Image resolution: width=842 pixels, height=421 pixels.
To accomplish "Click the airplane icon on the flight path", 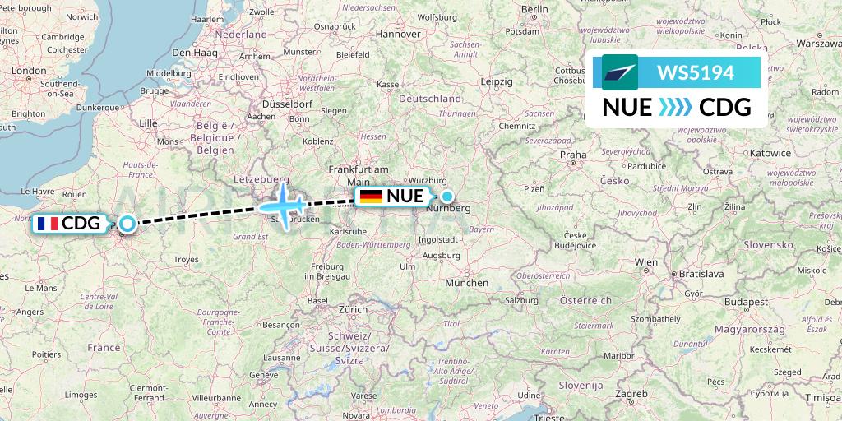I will coord(285,206).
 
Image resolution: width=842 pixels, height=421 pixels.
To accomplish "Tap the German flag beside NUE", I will coord(371,196).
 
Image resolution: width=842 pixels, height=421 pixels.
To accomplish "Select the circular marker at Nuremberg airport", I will coord(446,196).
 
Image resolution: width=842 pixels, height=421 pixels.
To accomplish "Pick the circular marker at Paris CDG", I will coord(127,223).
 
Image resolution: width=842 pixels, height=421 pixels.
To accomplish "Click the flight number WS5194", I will coord(695,72).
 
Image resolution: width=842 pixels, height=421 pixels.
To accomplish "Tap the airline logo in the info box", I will coord(619,72).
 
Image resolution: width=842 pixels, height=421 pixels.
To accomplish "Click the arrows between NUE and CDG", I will coord(675,108).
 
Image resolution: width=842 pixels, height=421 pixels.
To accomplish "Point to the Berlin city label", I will coord(534,9).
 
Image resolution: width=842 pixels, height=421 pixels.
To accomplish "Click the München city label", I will coord(466,283).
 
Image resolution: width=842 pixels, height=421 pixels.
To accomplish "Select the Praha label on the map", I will coord(573,154).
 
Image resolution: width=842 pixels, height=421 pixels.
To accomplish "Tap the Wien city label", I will coord(646,261).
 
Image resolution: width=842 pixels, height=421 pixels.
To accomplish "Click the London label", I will coord(29,71).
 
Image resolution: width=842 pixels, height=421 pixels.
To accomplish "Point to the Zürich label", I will coord(354,310).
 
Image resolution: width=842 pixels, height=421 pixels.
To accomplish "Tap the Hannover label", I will coord(398,35).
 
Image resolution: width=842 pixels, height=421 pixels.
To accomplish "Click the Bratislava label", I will coord(696,273).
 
